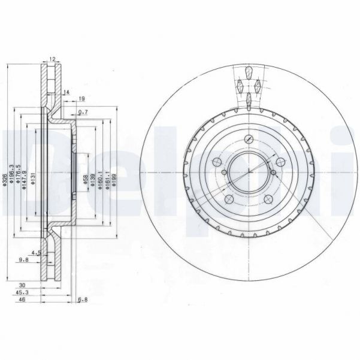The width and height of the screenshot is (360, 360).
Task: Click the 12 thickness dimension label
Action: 52,59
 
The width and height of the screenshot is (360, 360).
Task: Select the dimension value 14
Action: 66,92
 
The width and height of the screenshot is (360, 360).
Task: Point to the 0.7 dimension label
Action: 83,112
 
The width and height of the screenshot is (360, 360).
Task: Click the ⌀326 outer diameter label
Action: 5,178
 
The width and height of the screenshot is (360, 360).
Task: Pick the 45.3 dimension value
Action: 23,294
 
